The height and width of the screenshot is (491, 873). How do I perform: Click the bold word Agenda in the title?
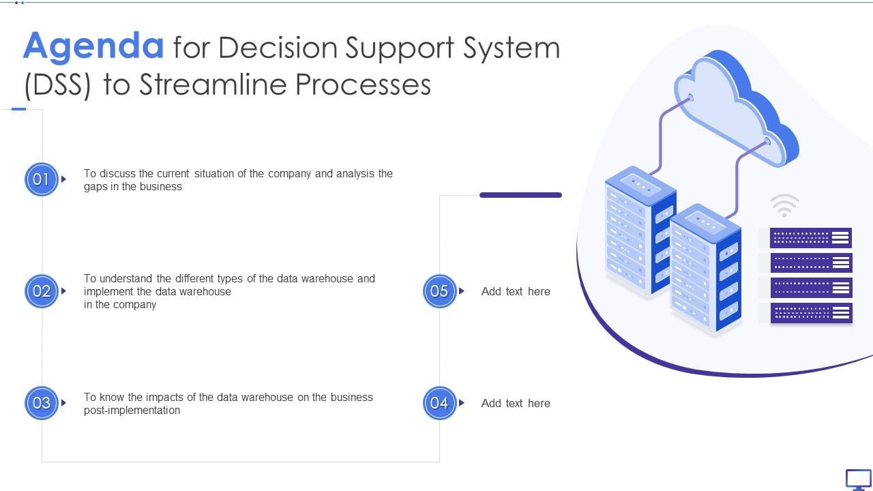(x=93, y=46)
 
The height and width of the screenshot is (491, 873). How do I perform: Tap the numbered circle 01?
(x=42, y=179)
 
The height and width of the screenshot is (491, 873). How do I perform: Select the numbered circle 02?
(x=42, y=291)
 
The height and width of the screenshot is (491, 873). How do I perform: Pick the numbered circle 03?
(x=42, y=403)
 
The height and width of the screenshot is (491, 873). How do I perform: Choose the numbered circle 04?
(x=439, y=403)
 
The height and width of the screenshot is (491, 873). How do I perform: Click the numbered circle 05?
(x=439, y=291)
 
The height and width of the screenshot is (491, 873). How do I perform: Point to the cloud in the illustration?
(x=733, y=109)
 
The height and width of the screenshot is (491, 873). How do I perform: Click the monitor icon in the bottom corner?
(x=858, y=479)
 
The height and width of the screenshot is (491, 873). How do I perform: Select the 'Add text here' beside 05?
(x=516, y=291)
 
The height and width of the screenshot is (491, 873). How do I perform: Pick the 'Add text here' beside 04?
(x=516, y=403)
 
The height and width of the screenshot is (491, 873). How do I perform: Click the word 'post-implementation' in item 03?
(x=132, y=411)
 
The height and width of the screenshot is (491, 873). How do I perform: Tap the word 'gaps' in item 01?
(x=95, y=187)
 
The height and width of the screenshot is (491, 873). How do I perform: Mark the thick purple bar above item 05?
(x=520, y=195)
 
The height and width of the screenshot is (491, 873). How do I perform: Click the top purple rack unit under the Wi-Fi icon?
(x=811, y=238)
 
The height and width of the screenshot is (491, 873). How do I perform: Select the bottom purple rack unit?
(x=811, y=313)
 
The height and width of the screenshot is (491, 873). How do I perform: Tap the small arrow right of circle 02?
(x=64, y=291)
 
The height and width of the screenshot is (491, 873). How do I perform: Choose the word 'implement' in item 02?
(x=108, y=292)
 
